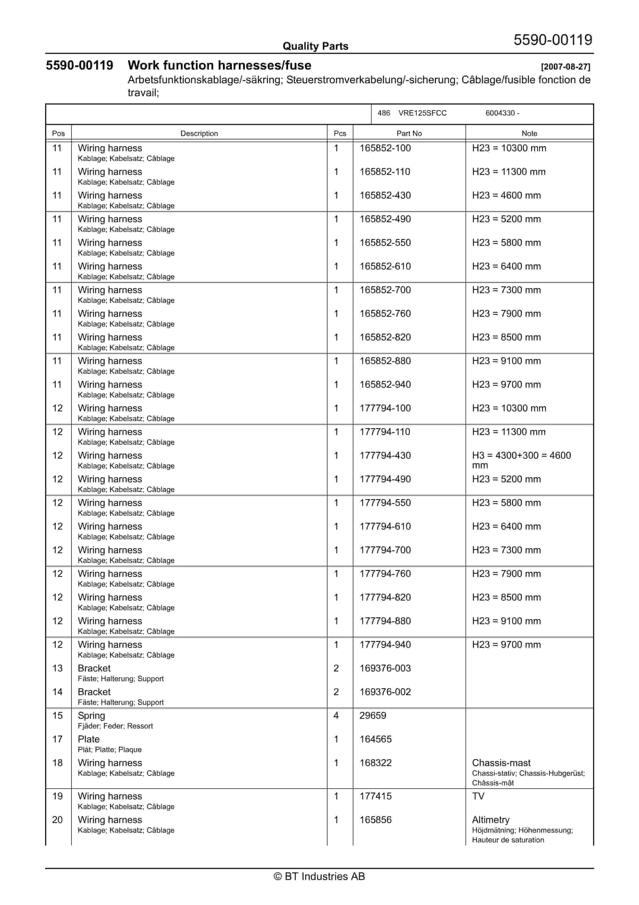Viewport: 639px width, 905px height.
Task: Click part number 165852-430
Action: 385,196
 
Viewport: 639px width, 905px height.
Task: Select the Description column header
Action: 199,134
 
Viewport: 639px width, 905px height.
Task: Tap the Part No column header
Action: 409,134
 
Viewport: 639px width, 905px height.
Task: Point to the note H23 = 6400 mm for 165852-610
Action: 506,267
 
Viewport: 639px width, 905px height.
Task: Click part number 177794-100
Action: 385,408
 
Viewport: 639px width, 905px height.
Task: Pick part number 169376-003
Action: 385,669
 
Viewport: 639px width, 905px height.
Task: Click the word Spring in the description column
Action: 91,716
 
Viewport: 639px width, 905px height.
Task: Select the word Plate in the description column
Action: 89,739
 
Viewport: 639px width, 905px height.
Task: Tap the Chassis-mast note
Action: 501,763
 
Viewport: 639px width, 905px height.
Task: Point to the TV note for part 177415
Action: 478,796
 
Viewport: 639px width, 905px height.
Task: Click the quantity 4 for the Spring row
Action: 336,716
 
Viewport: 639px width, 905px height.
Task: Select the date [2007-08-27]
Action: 565,67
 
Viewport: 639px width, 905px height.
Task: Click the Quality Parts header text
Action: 315,46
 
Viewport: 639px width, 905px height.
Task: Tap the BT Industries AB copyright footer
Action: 319,876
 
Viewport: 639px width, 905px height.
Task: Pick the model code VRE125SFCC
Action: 422,113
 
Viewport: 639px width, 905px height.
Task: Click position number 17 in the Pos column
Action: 57,739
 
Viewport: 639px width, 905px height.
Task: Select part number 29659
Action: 373,716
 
